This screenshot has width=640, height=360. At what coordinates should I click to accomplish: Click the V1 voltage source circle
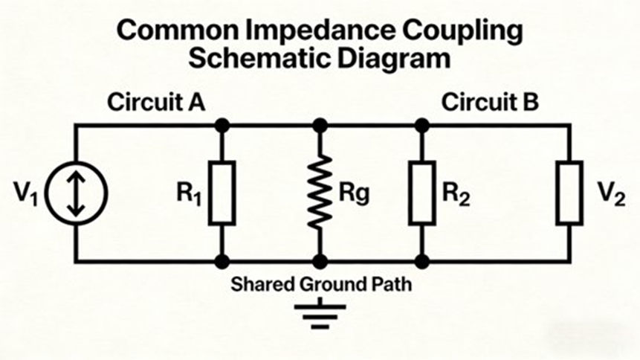75,193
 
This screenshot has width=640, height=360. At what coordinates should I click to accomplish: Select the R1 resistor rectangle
222,193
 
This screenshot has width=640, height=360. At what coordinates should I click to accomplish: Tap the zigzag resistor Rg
320,193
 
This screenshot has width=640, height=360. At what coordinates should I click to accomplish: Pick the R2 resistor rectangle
421,193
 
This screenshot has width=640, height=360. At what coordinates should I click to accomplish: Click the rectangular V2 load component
569,193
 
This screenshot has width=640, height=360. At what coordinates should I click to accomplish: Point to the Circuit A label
156,103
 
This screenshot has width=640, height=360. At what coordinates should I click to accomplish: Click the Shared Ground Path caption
320,284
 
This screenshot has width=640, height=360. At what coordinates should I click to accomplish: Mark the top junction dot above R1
222,126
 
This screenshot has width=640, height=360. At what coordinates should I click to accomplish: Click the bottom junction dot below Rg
320,261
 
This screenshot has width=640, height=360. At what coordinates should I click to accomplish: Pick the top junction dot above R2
421,126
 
